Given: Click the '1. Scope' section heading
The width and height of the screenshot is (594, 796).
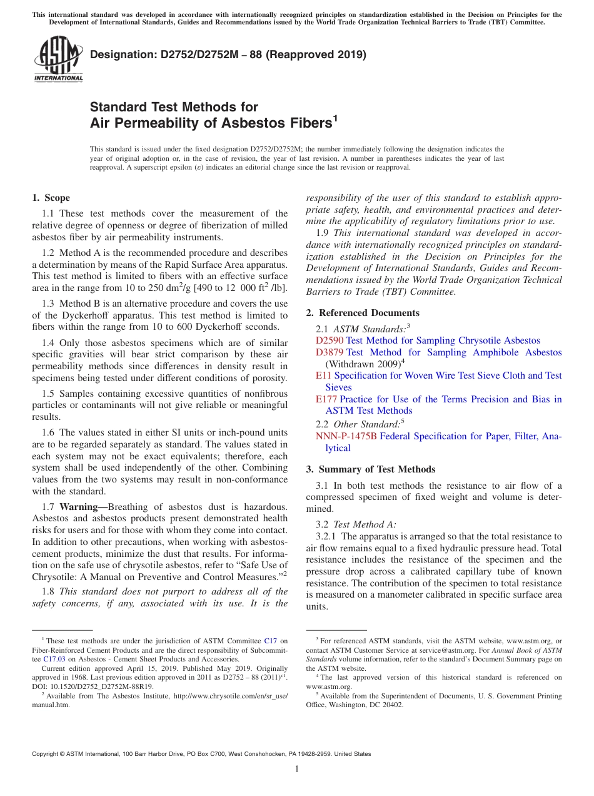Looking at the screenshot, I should [51, 198].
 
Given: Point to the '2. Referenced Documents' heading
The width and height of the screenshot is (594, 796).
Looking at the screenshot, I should [363, 313].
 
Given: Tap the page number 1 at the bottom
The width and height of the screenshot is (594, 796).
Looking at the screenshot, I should [297, 769].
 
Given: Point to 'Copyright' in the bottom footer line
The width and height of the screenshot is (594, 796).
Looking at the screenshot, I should [47, 754].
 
